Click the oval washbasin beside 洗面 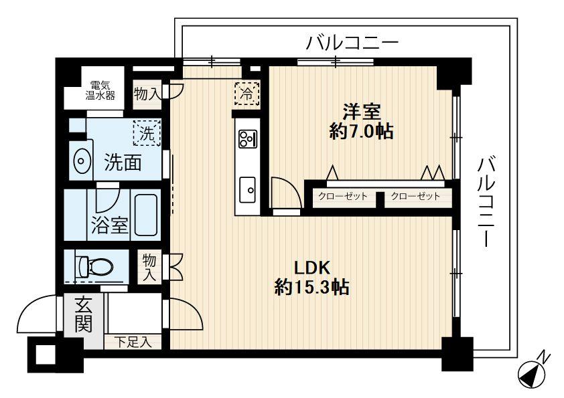[81, 161]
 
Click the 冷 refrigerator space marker [246, 93]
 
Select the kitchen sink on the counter [246, 189]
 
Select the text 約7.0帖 [361, 131]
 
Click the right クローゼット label [415, 197]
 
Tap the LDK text [311, 268]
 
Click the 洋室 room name [362, 110]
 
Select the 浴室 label [109, 225]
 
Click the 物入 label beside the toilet [149, 266]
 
